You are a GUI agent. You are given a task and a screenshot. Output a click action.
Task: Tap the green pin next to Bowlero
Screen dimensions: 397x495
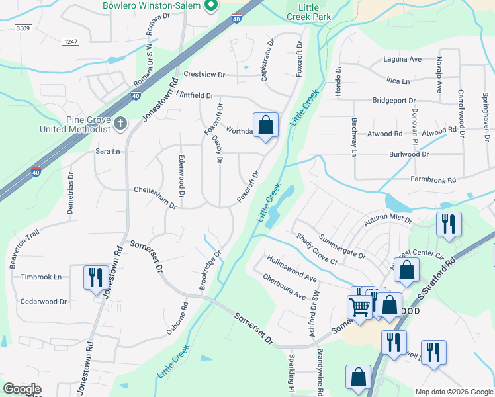tap(211, 6)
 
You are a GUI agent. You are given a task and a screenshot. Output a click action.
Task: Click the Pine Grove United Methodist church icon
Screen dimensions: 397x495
tap(120, 123)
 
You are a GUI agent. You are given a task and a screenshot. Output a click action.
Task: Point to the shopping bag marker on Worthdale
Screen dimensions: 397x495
tap(265, 124)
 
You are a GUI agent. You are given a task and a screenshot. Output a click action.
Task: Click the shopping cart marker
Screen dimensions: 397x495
tap(359, 306)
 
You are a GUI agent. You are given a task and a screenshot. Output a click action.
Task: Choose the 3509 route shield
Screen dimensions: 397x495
tap(24, 28)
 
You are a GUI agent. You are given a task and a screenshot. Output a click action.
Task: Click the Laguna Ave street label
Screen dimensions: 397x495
tap(402, 59)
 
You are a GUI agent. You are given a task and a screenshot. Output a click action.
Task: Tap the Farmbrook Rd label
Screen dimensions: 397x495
tap(433, 179)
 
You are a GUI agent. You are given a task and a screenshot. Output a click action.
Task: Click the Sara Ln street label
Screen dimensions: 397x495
tap(108, 152)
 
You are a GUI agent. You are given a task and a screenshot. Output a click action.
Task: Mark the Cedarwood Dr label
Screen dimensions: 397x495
tap(44, 302)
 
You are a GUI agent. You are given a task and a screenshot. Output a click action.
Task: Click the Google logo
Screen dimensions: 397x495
tap(22, 389)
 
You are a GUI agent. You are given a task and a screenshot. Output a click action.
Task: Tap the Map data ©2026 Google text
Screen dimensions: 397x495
tap(453, 392)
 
